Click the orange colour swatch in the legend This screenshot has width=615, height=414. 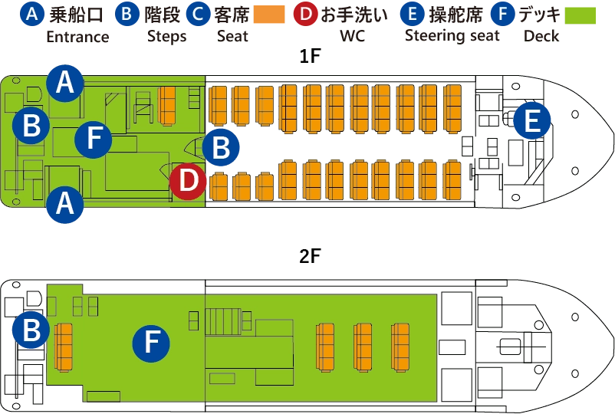(268, 14)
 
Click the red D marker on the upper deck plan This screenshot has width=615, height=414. (189, 182)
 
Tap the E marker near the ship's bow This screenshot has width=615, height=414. (532, 121)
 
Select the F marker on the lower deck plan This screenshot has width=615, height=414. (151, 343)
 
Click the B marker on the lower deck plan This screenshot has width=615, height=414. (31, 330)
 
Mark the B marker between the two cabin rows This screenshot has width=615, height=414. (221, 148)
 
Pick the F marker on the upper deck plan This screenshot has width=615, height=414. (94, 139)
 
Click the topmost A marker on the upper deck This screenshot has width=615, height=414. (65, 83)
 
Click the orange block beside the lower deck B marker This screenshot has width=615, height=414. (64, 347)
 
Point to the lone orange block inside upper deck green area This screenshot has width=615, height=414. (167, 106)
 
